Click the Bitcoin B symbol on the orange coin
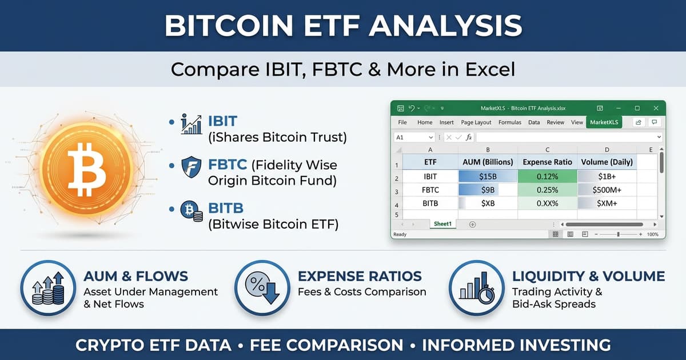tap(86, 169)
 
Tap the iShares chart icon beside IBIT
tap(191, 123)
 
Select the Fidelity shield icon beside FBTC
tap(191, 167)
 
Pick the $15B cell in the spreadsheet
tap(488, 177)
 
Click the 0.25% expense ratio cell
tap(547, 190)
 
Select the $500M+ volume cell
tap(607, 190)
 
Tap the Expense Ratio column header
tap(547, 162)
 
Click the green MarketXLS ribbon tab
tap(604, 122)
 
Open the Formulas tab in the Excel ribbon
tap(509, 122)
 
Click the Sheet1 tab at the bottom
tap(442, 224)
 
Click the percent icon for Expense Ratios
tap(261, 287)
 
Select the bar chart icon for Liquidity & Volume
tap(476, 287)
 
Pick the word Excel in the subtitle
tap(485, 70)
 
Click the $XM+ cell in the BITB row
tap(607, 203)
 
